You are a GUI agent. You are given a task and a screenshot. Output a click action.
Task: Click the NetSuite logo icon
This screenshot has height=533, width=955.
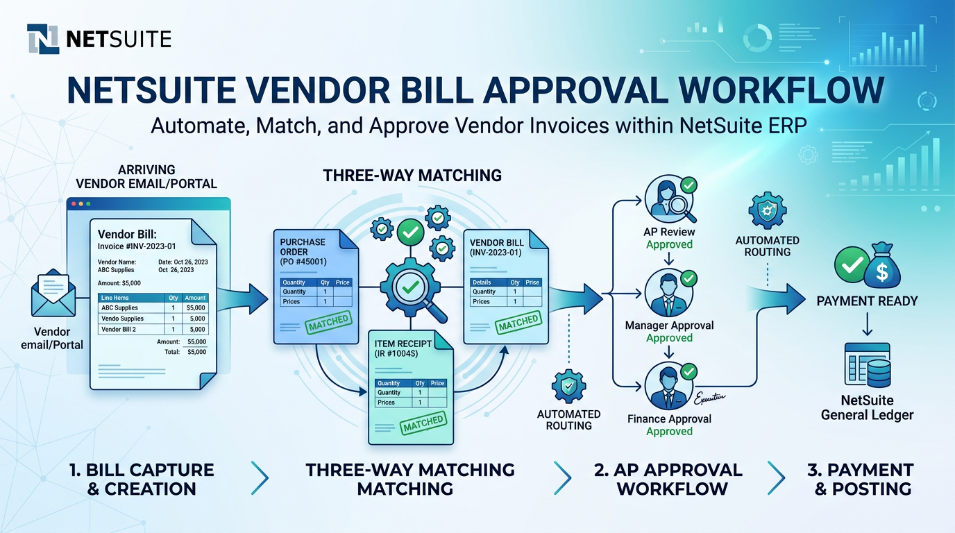pos(42,39)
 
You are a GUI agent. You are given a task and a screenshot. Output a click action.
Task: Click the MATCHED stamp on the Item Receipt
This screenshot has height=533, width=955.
pos(423,422)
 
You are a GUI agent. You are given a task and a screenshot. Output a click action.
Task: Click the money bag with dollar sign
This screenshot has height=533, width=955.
pos(882,266)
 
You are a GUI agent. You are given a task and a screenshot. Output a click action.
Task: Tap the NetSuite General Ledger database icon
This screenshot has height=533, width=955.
pos(867,365)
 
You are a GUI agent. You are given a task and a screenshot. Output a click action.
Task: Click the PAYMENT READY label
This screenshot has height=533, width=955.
pos(867,301)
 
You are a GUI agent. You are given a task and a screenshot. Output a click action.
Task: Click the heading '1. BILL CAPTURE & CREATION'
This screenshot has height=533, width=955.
pos(142,479)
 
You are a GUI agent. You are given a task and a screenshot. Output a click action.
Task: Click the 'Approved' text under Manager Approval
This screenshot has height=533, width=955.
pos(669,338)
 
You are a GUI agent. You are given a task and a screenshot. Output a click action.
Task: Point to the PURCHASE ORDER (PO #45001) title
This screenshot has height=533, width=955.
pos(303,251)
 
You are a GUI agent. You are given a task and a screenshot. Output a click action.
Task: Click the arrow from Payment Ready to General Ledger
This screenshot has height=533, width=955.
pos(867,324)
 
